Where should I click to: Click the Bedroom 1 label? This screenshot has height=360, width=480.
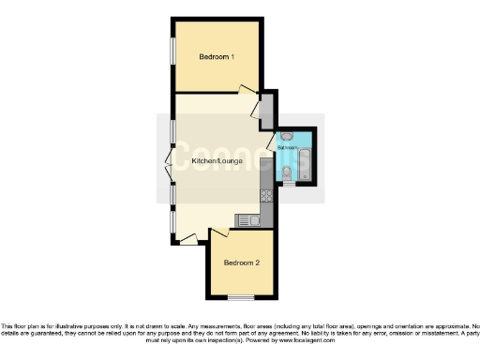click(217, 57)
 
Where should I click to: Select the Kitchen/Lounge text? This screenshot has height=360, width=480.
click(217, 161)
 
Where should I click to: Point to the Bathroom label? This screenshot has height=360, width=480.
click(288, 147)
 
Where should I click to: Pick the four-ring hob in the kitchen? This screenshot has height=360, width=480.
click(266, 196)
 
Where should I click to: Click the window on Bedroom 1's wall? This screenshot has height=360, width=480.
click(172, 52)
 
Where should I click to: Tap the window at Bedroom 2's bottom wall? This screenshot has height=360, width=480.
click(241, 297)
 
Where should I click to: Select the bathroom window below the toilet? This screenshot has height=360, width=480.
click(289, 185)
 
